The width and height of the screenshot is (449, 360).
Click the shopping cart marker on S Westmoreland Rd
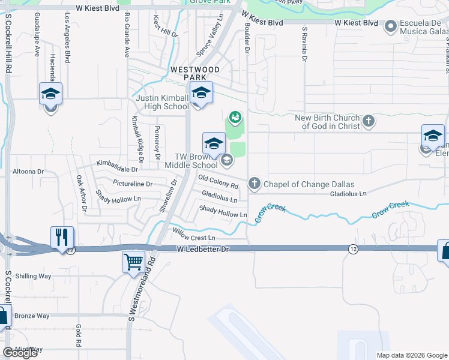click(x=133, y=262)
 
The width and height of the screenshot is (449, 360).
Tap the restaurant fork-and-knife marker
click(x=62, y=238)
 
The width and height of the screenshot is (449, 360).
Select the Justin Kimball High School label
click(x=162, y=103)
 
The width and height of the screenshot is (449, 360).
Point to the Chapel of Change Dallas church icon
click(x=254, y=184)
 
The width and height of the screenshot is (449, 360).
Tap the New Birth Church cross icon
click(x=369, y=121)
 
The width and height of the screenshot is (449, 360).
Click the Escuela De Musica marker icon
click(x=391, y=25)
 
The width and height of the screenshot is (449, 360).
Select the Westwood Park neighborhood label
click(x=195, y=74)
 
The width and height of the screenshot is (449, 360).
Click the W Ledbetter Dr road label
click(x=203, y=248)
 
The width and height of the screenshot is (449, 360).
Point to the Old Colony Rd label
click(x=222, y=181)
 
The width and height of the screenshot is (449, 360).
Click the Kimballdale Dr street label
click(x=117, y=163)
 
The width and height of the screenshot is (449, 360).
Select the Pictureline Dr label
click(x=132, y=183)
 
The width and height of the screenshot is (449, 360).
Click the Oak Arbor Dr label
click(x=81, y=194)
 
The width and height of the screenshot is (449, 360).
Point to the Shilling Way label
click(x=33, y=276)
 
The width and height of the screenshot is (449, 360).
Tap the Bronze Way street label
click(x=32, y=316)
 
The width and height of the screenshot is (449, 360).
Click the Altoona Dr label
click(x=28, y=172)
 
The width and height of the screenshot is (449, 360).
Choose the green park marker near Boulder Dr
click(x=235, y=115)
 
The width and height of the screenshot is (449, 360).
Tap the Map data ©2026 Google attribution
click(x=411, y=355)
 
